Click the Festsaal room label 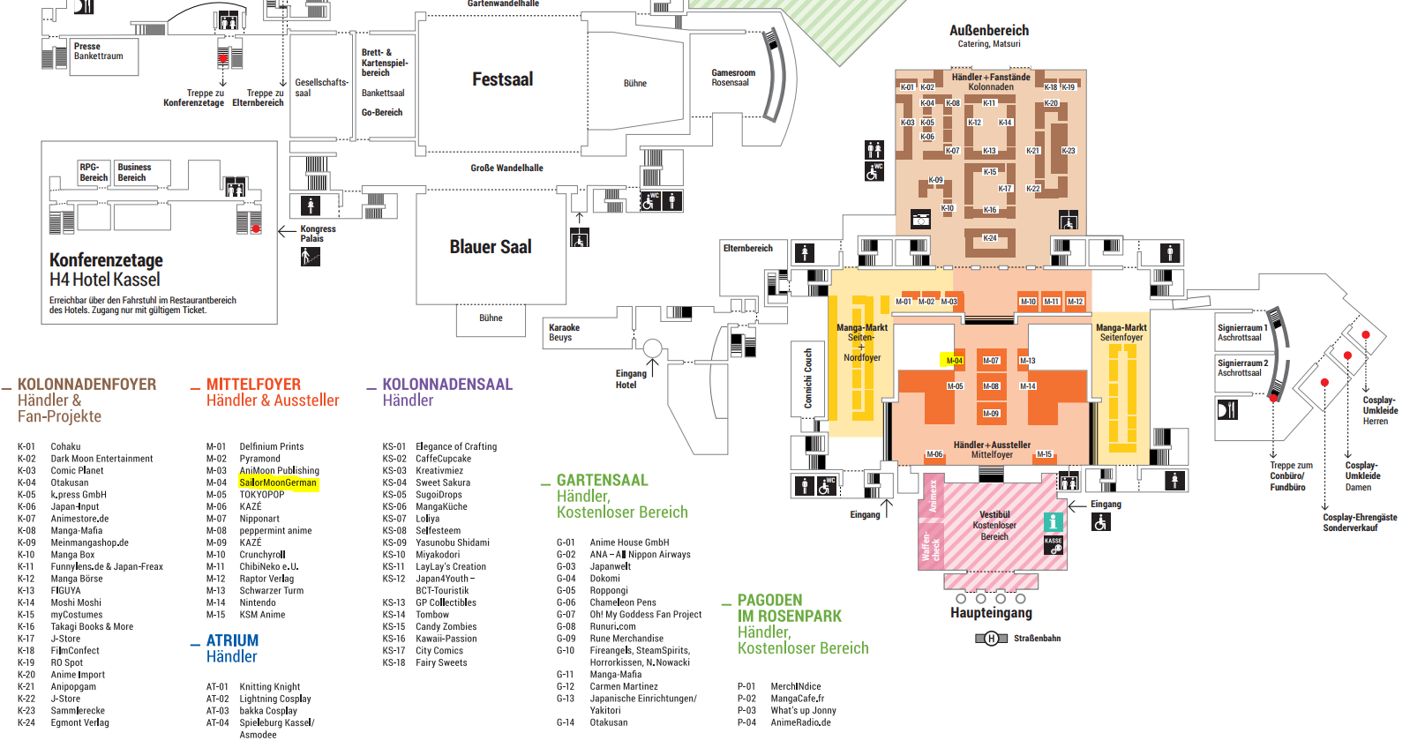[x=502, y=79]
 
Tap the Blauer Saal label [x=491, y=247]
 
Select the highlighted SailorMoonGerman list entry [x=277, y=482]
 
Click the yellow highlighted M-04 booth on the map [x=954, y=360]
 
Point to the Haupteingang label [x=991, y=612]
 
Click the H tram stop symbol [x=991, y=638]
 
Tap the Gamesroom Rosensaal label [x=732, y=78]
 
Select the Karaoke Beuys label [x=564, y=332]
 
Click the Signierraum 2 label [x=1242, y=367]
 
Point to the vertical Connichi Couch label [x=807, y=378]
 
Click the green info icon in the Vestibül [x=1052, y=522]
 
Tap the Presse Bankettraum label [x=98, y=51]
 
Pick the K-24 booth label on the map [x=990, y=238]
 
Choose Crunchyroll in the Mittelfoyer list [x=262, y=555]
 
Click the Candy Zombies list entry [x=446, y=626]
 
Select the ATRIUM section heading [x=232, y=640]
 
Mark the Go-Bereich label [x=381, y=112]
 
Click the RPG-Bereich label [x=94, y=172]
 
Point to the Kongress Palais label [x=318, y=233]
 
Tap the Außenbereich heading [x=988, y=31]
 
